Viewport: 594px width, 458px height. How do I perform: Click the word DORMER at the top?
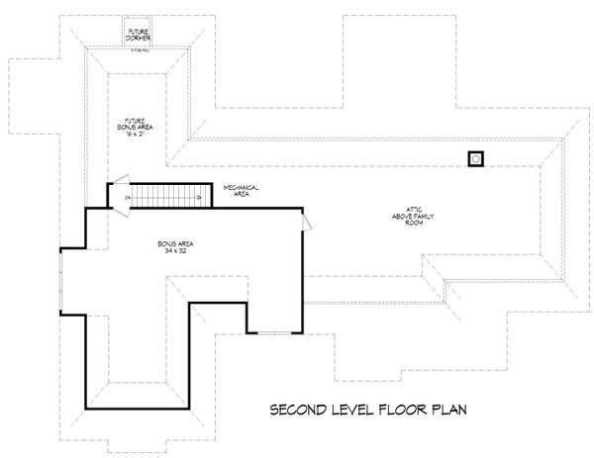(x=139, y=37)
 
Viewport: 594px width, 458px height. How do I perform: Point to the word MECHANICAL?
(x=241, y=187)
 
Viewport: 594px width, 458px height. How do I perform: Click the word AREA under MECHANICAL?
(x=241, y=194)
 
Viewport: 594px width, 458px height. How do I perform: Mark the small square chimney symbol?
(x=476, y=158)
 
